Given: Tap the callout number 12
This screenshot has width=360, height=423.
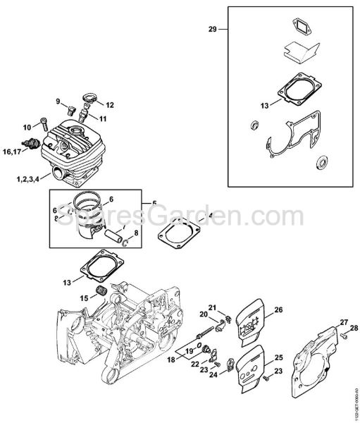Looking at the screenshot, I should [x=109, y=104].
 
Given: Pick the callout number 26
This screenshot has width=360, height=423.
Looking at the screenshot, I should [x=278, y=309].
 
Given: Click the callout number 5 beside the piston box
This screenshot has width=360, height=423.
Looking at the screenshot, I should [x=154, y=203].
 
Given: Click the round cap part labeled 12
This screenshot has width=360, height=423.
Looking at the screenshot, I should [x=89, y=98].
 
